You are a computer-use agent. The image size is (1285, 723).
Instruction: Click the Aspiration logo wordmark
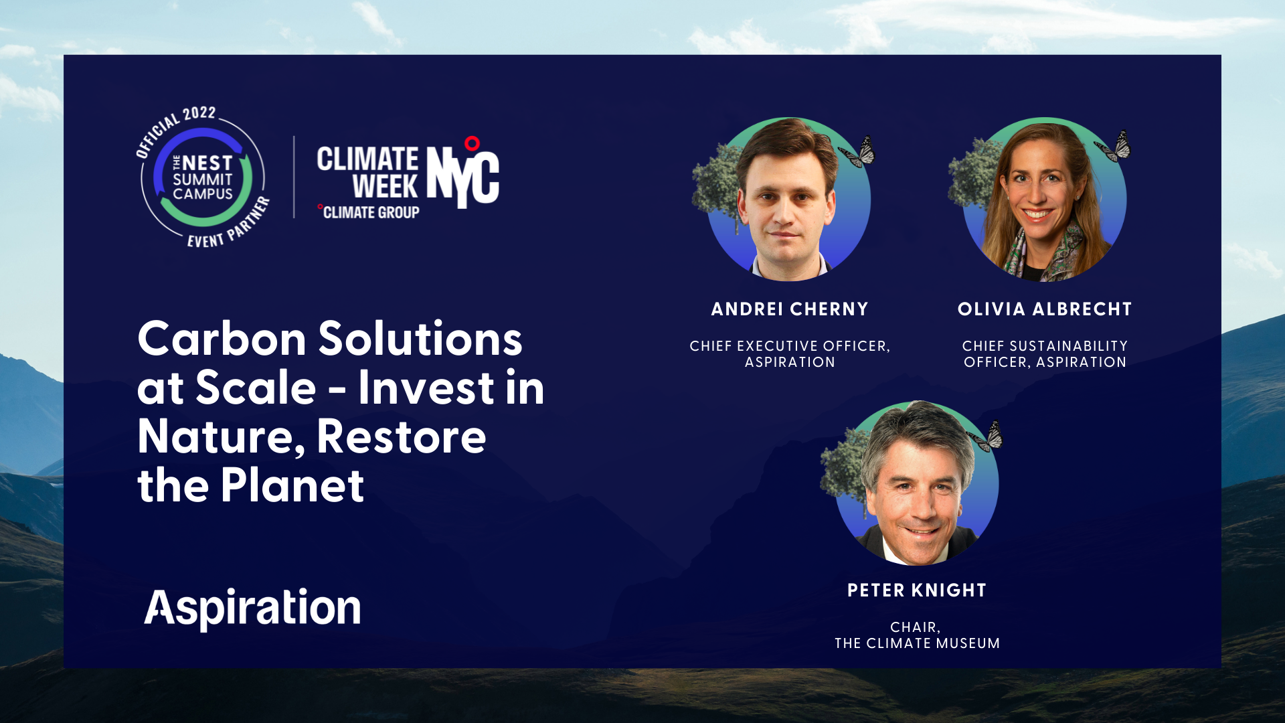click(x=252, y=608)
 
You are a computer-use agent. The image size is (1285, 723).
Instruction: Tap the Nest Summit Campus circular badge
click(x=203, y=177)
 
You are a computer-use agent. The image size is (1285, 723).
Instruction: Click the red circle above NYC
click(x=472, y=143)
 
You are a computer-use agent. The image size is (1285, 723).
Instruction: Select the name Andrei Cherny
click(x=790, y=309)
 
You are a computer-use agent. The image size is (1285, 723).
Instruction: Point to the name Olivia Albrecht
click(x=1045, y=309)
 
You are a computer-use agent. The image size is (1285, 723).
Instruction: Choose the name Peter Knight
click(x=917, y=590)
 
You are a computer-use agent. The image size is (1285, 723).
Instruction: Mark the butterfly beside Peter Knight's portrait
click(x=988, y=436)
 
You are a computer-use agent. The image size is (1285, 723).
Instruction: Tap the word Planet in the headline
click(x=292, y=485)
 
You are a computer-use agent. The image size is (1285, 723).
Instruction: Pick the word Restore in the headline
click(x=402, y=436)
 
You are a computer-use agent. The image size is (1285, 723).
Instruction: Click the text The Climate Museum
click(x=917, y=643)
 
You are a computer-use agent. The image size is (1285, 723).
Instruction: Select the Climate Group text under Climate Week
click(x=371, y=213)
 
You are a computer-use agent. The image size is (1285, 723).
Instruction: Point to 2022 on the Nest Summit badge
click(x=199, y=114)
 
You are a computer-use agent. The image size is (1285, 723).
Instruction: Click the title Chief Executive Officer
click(x=790, y=346)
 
